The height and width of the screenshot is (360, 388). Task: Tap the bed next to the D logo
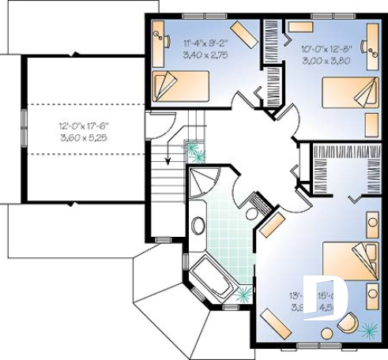(352, 259)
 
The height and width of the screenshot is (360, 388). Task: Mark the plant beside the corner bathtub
(244, 295)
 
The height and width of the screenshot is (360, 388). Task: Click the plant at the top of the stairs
(194, 152)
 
